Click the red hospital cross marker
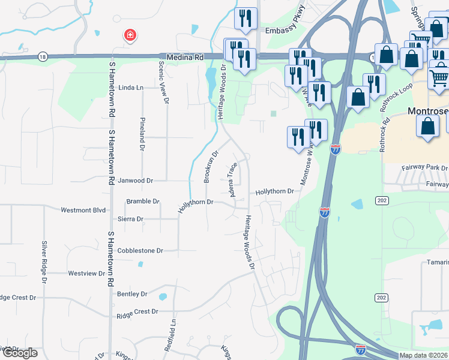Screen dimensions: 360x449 coord(129,36)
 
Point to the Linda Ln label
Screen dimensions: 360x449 coord(131,88)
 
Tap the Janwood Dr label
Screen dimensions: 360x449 coord(136,180)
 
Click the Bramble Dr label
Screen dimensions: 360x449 coord(143,202)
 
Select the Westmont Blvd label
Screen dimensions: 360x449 coord(83,211)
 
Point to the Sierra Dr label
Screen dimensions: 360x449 coord(130,220)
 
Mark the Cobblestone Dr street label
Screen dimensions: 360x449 coord(140,250)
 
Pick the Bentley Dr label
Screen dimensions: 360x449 coord(133,294)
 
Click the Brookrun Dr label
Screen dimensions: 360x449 coord(209,167)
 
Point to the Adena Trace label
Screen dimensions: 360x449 coord(232,180)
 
